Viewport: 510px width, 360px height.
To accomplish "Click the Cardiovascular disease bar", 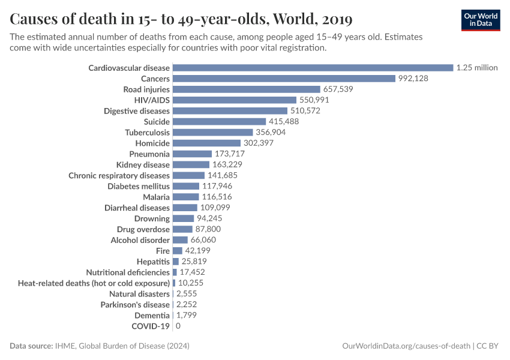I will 313,68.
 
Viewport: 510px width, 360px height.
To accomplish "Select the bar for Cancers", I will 284,79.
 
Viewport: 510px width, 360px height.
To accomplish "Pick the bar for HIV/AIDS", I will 235,100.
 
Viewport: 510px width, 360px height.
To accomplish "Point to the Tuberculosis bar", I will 212,132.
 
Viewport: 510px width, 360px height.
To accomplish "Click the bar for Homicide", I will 206,143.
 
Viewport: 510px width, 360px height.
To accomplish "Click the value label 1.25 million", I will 476,68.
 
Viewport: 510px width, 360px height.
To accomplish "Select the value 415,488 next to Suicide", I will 283,122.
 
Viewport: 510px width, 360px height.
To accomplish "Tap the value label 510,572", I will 305,111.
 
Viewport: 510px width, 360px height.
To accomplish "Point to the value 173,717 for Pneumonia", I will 233,154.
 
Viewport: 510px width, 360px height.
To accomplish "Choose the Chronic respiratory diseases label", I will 119,176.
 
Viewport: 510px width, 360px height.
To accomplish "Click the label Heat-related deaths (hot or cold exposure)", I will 94,283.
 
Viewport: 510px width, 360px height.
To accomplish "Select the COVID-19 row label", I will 151,326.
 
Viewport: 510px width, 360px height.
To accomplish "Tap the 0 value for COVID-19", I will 178,326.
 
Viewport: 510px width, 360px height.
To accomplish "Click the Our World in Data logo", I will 480,20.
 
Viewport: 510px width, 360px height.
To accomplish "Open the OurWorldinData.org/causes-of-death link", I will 406,346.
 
